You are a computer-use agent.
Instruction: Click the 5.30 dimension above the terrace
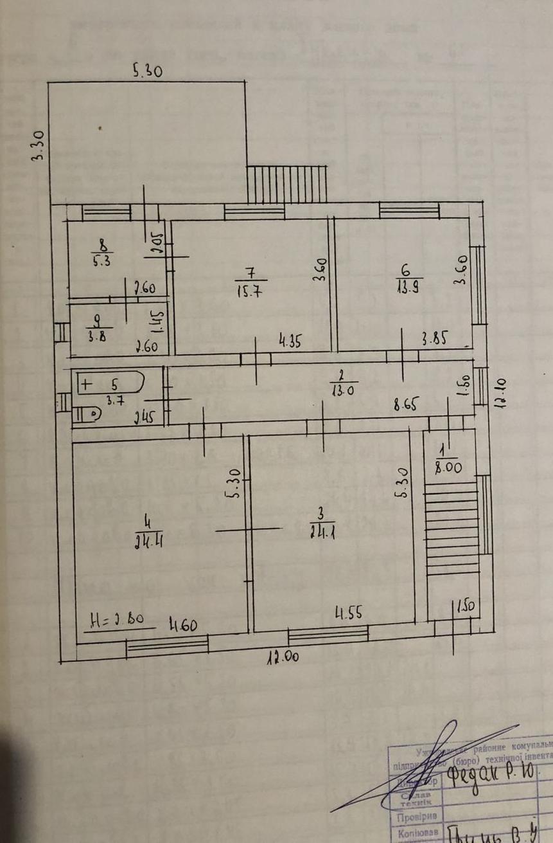tap(147, 71)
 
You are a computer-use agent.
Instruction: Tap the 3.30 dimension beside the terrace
tap(39, 146)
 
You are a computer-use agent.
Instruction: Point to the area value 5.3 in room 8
tap(101, 260)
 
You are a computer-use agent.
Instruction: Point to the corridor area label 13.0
tap(338, 388)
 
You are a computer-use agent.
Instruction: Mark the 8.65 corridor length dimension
tap(405, 405)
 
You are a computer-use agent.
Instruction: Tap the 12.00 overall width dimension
tap(283, 658)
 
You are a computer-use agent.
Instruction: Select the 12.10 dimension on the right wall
tap(500, 394)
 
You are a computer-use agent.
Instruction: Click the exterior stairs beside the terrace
tap(288, 184)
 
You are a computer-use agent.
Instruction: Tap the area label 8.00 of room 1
tap(448, 468)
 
